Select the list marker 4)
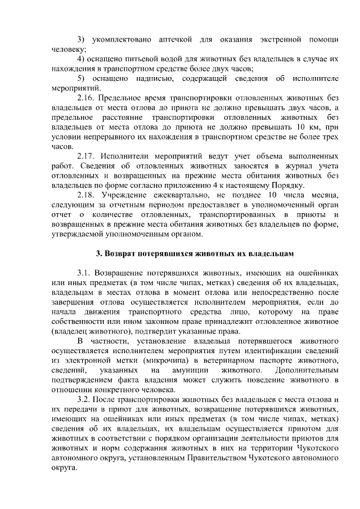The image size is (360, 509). pyautogui.click(x=81, y=58)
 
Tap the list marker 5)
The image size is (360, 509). pyautogui.click(x=81, y=78)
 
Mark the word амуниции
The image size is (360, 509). pyautogui.click(x=177, y=371)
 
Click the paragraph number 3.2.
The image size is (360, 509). pyautogui.click(x=85, y=400)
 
